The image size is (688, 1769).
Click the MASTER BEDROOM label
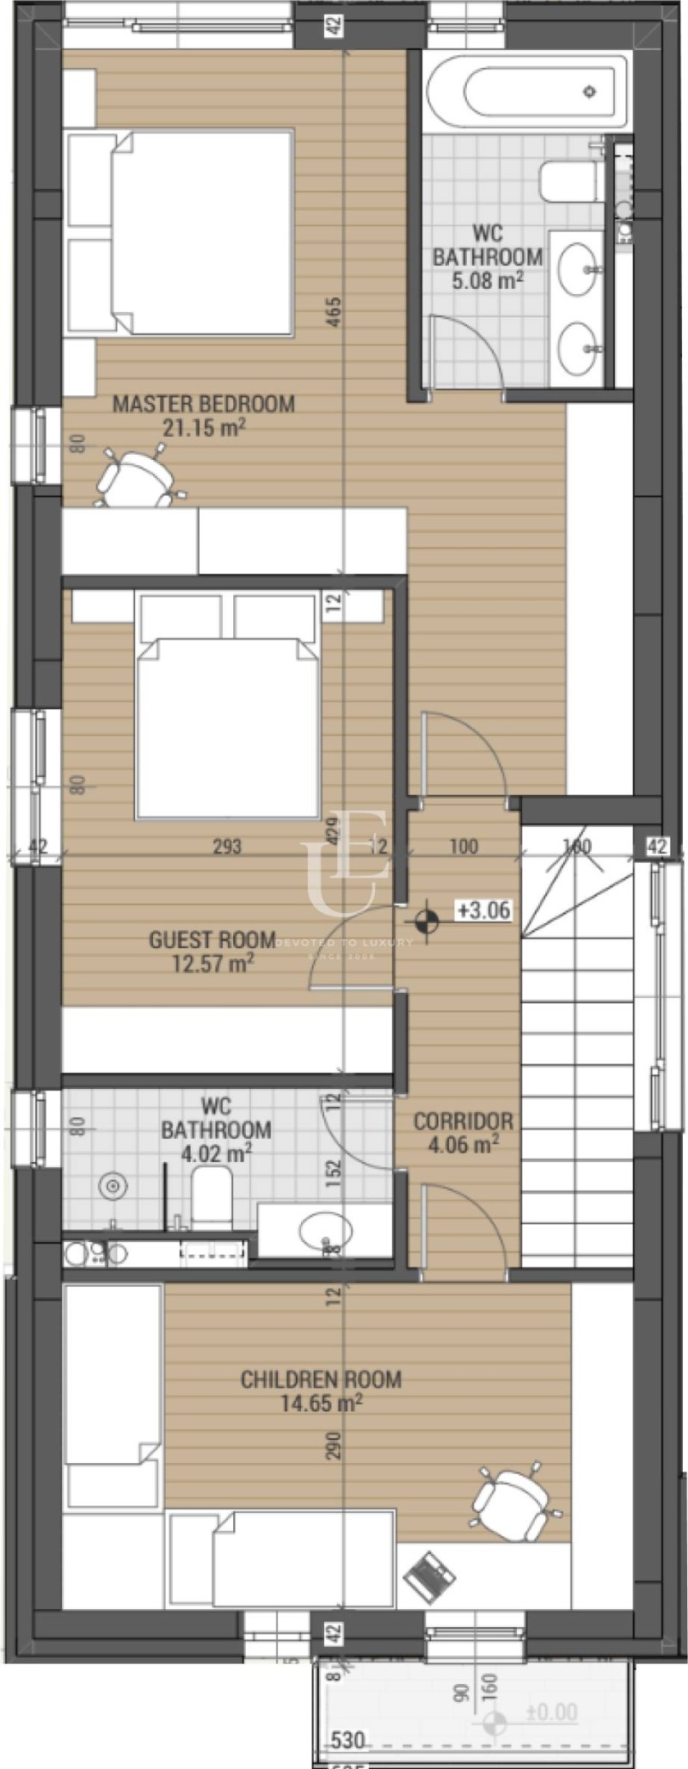(204, 403)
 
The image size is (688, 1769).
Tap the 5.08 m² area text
(487, 279)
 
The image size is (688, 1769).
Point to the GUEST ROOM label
(212, 940)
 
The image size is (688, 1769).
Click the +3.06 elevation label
(484, 910)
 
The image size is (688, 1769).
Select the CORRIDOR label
(463, 1121)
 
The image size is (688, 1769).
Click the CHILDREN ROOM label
(321, 1380)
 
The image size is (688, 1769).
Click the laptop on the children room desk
(428, 1576)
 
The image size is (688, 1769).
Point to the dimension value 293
(227, 847)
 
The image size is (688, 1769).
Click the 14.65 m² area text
(321, 1404)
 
